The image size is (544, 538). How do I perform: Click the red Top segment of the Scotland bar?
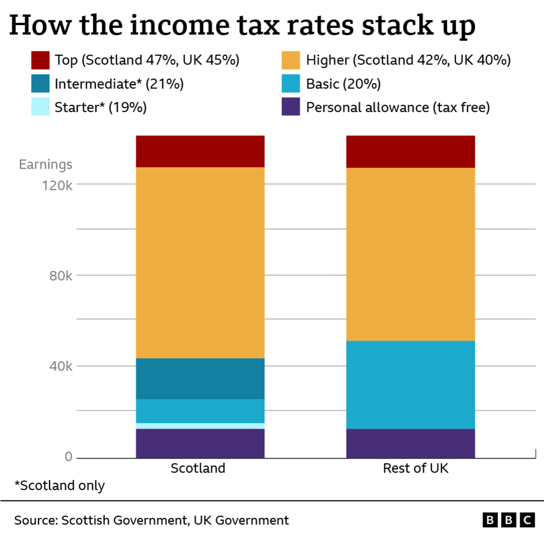pyautogui.click(x=200, y=151)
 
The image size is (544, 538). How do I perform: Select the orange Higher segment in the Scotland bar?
pyautogui.click(x=200, y=262)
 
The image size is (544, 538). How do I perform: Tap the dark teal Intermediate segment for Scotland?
pyautogui.click(x=200, y=378)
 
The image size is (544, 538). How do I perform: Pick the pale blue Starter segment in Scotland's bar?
pyautogui.click(x=200, y=426)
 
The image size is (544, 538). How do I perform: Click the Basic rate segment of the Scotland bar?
pyautogui.click(x=200, y=411)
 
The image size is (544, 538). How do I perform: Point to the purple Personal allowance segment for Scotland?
pyautogui.click(x=200, y=443)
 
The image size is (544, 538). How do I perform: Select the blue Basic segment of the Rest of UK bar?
pyautogui.click(x=410, y=385)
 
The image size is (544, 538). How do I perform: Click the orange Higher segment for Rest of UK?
pyautogui.click(x=410, y=254)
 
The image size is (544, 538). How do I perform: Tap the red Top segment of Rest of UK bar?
pyautogui.click(x=410, y=151)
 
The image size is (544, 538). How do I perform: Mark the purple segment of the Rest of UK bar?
pyautogui.click(x=410, y=443)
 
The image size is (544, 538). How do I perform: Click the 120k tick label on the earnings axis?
pyautogui.click(x=57, y=185)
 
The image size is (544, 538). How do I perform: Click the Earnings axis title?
pyautogui.click(x=46, y=165)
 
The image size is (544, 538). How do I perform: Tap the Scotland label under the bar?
pyautogui.click(x=198, y=468)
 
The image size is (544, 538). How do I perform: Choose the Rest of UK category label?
pyautogui.click(x=415, y=468)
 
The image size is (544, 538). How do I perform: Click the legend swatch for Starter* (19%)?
pyautogui.click(x=41, y=107)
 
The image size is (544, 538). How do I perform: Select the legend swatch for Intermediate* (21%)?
pyautogui.click(x=41, y=84)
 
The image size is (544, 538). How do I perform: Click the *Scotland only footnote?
pyautogui.click(x=60, y=486)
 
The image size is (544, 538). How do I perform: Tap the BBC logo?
pyautogui.click(x=508, y=521)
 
